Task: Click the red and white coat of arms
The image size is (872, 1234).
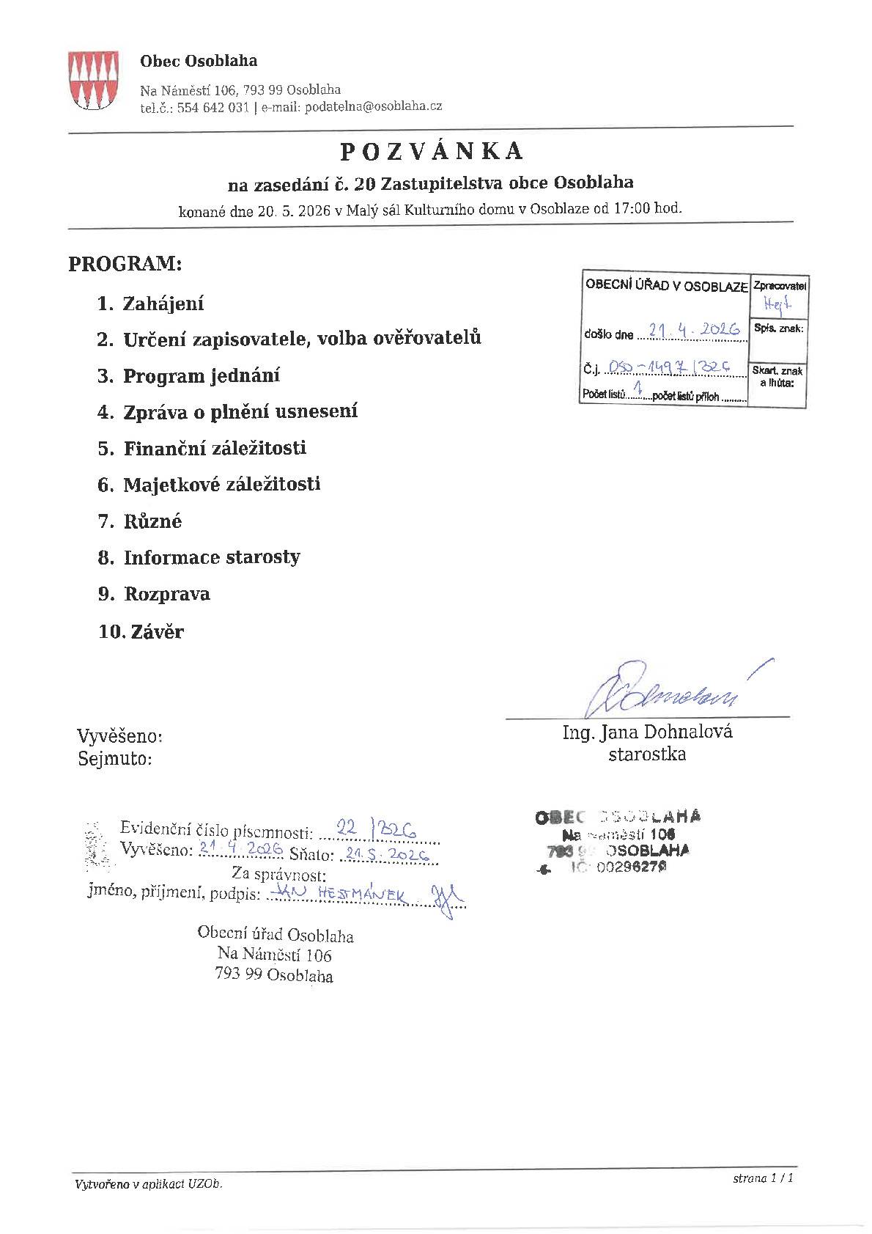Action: pyautogui.click(x=92, y=81)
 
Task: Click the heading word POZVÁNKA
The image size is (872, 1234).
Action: pyautogui.click(x=432, y=151)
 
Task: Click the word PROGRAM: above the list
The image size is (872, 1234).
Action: pyautogui.click(x=125, y=264)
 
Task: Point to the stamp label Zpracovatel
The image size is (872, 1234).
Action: pyautogui.click(x=779, y=286)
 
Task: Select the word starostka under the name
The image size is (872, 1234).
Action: pyautogui.click(x=647, y=754)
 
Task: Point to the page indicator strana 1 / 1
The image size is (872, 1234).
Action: pyautogui.click(x=763, y=1178)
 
